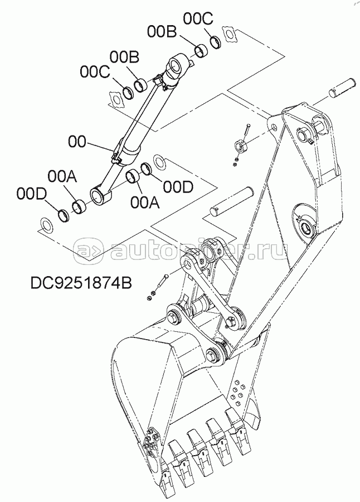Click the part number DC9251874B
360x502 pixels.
tap(81, 283)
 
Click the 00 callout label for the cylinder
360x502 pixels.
tap(77, 142)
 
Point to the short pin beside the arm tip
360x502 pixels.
tap(340, 87)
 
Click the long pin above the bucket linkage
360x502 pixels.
tap(232, 200)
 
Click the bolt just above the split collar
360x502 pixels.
tap(247, 131)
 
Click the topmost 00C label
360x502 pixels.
tap(198, 18)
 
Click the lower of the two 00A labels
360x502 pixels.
tap(144, 202)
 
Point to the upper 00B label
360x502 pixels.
tap(162, 31)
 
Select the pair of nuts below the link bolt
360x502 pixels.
tap(151, 295)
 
